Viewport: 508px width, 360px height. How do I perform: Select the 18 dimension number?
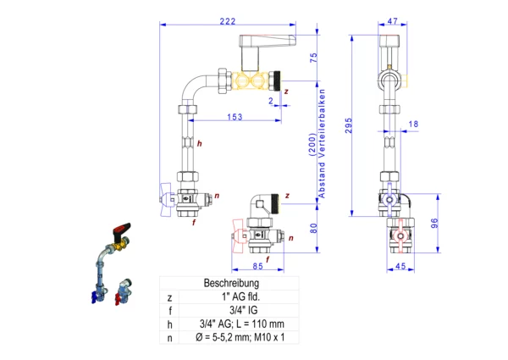click(413, 125)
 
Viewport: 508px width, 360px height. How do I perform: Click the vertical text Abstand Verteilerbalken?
click(322, 143)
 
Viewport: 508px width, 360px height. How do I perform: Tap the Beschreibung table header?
click(230, 283)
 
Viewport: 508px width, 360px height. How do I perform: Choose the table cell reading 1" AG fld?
click(241, 297)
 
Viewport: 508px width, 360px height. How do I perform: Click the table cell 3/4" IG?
click(241, 311)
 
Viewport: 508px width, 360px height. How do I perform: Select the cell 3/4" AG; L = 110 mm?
click(241, 324)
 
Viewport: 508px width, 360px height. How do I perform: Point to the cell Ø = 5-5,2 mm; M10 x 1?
click(241, 338)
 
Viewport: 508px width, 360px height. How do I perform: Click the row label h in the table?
click(170, 324)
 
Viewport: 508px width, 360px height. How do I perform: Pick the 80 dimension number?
click(312, 227)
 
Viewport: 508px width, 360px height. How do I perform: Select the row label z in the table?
click(170, 297)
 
